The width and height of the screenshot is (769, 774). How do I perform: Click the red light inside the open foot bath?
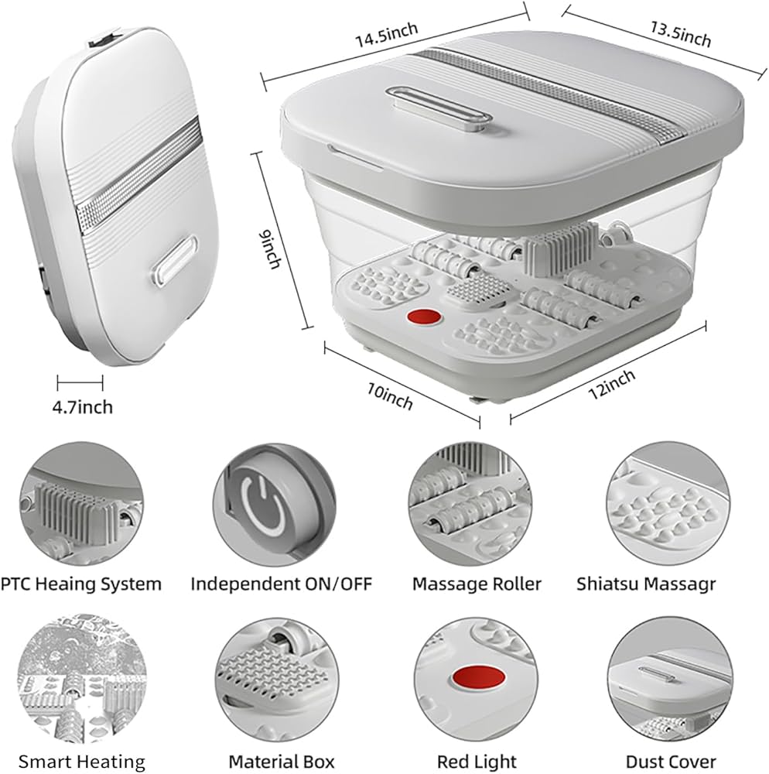pos(421,317)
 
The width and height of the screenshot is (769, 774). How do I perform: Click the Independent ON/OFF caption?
pos(281,584)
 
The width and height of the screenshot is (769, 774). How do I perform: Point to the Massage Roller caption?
pos(477,584)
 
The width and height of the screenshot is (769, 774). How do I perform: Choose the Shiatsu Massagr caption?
pos(667,584)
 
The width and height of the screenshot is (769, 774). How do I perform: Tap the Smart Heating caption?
pos(82,762)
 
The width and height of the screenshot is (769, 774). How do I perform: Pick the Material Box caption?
pos(281,762)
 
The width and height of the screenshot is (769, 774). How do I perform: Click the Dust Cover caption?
pos(671,762)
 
